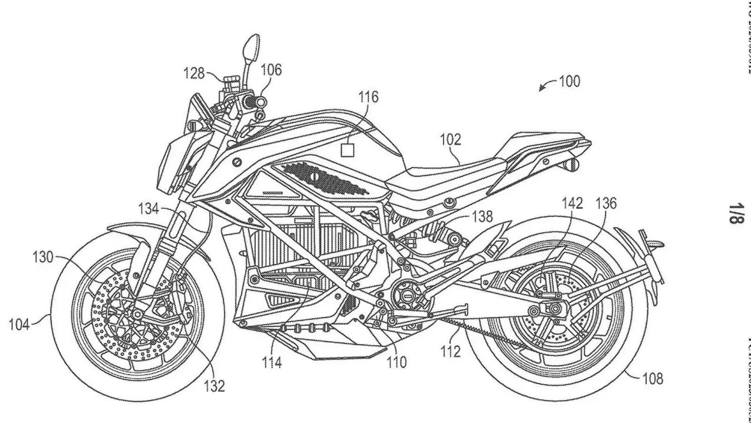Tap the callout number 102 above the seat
coord(450,139)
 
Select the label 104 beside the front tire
coord(19,324)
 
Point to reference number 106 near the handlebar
coord(271,70)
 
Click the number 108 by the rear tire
coord(653,379)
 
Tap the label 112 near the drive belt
coord(451,352)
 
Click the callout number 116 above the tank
coord(368,97)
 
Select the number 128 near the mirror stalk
coord(194,72)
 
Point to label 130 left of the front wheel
coord(42,257)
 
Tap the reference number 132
coord(214,385)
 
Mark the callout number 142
coord(571,204)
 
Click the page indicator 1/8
coord(735,213)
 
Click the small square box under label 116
coord(347,150)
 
